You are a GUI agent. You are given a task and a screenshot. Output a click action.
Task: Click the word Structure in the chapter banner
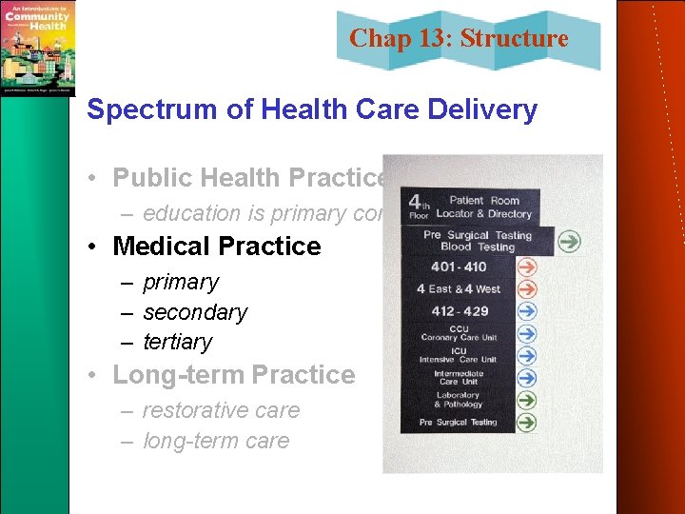(527, 39)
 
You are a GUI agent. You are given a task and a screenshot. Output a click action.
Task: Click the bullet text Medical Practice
(217, 246)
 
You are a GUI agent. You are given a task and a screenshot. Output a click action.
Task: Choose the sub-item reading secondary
(195, 312)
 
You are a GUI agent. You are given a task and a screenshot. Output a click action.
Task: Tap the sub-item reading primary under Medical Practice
(181, 283)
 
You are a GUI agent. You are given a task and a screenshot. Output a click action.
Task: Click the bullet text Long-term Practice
(234, 375)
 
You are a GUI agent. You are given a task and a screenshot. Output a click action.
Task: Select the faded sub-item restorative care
(221, 410)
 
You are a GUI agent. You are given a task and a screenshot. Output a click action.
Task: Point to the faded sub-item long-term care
(216, 441)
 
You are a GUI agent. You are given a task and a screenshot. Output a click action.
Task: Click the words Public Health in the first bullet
(191, 178)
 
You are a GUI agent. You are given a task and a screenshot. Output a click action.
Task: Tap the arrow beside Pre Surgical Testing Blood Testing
(569, 241)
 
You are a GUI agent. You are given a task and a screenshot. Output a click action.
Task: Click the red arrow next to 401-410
(526, 267)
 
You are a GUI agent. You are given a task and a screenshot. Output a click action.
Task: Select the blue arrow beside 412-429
(526, 311)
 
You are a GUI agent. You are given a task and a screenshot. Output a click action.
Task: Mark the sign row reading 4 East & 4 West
(459, 288)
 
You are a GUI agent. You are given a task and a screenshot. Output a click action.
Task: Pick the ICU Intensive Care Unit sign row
(459, 355)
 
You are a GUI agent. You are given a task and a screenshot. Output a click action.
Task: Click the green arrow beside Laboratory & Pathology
(526, 401)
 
